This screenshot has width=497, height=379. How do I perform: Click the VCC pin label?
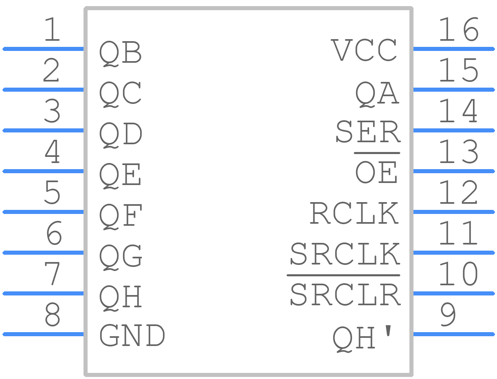(x=364, y=50)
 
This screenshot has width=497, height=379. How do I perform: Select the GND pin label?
(x=132, y=335)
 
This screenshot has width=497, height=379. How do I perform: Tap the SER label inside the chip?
(x=368, y=131)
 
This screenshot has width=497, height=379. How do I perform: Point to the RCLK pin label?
(x=354, y=213)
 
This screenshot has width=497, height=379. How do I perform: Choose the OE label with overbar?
(x=376, y=168)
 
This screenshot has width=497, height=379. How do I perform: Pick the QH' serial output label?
(x=362, y=339)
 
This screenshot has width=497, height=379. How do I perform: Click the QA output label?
(x=377, y=94)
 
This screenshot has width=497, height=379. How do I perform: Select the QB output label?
(x=120, y=53)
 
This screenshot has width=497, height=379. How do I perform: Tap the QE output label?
(x=120, y=176)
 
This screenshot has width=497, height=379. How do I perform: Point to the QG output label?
(x=121, y=257)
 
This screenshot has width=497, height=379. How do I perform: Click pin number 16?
(x=459, y=29)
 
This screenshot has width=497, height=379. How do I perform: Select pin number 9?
(x=448, y=315)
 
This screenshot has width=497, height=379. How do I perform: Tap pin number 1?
(x=52, y=29)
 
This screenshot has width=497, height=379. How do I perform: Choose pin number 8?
(x=52, y=315)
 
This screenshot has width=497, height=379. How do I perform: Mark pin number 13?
(x=459, y=152)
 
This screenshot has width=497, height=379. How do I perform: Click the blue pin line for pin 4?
(x=43, y=171)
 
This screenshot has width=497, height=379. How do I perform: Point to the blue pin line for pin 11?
(x=454, y=253)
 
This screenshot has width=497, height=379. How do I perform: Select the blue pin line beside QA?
(x=454, y=90)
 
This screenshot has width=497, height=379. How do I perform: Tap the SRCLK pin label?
(x=345, y=253)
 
